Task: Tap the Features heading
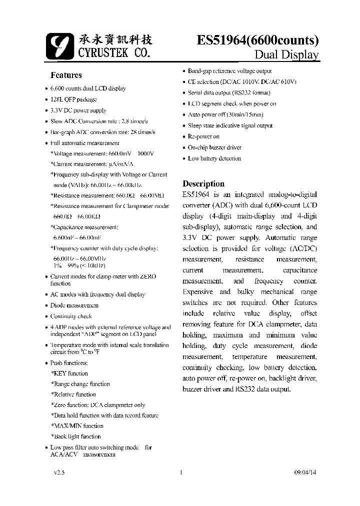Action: (66, 75)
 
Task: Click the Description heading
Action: (203, 183)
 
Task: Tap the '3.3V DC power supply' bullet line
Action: (78, 110)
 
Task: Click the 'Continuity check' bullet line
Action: (71, 316)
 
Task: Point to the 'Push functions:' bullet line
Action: (69, 362)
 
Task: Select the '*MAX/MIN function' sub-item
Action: (77, 426)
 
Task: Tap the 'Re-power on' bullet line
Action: (203, 136)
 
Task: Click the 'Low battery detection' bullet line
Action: (214, 158)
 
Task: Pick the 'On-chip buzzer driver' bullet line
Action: (214, 147)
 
